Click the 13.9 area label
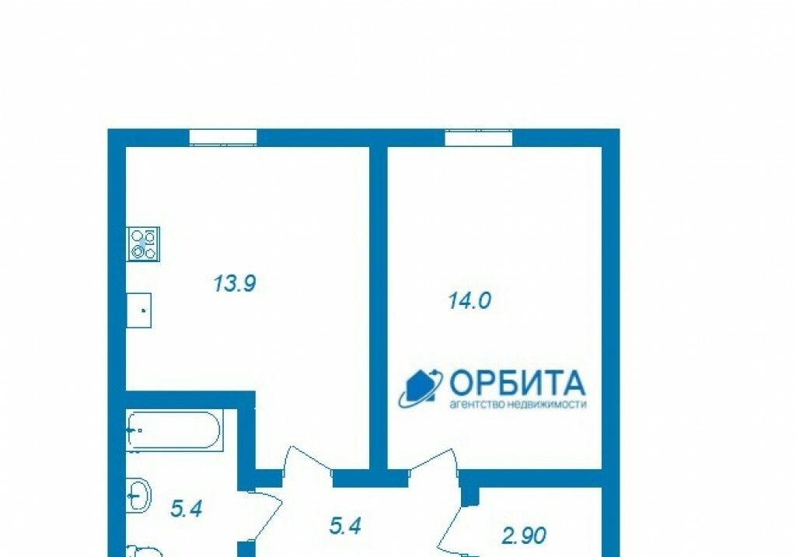[235, 283]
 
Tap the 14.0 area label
[470, 300]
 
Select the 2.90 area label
[524, 536]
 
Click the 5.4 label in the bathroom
[187, 508]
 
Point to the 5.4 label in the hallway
[345, 526]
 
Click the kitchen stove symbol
[143, 244]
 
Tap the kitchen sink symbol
[138, 310]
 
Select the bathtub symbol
[173, 431]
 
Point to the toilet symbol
[143, 551]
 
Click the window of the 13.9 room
[223, 138]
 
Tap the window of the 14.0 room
[479, 138]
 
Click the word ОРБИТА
[517, 383]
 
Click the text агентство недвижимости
[518, 405]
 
